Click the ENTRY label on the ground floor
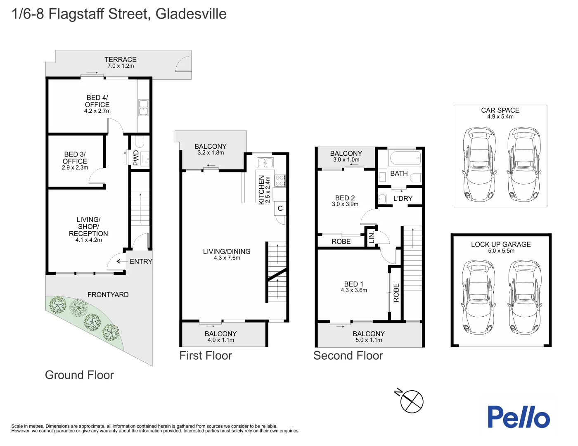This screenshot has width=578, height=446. coord(141,261)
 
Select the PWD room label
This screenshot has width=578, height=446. coord(136,158)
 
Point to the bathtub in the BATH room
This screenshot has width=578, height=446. coord(405,158)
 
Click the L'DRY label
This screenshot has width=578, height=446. coord(403,198)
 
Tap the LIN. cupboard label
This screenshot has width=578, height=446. coord(372,237)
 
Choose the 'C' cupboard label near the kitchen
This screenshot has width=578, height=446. coord(280,208)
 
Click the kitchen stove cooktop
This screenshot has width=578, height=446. coord(280,180)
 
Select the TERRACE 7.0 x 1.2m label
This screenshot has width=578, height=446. coord(121,62)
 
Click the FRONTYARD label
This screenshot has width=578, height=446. coord(108,295)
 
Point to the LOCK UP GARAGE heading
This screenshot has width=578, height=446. coord(501,244)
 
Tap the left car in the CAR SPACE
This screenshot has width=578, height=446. coord(480,165)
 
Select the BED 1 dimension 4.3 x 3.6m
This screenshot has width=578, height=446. coord(354,290)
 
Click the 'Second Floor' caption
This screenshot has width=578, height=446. coord(348,356)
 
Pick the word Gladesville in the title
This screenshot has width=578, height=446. coord(191,14)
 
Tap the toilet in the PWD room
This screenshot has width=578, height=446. coord(140,142)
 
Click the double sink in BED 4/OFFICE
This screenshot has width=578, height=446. coord(144,108)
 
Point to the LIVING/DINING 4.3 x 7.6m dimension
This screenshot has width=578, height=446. coord(227,258)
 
